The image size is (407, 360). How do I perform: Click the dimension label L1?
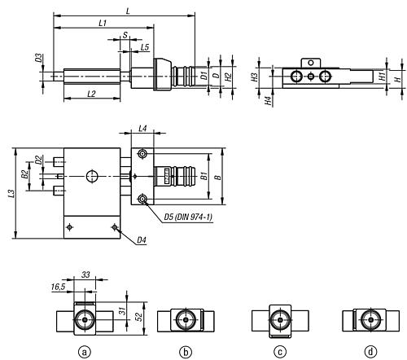pos(103,23)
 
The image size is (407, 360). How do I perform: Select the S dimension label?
pos(125,35)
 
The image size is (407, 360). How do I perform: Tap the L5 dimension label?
pos(145,47)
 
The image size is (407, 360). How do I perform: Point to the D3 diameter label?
pos(39,58)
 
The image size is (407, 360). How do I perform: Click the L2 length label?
pos(91,94)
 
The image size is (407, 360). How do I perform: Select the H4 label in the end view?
pos(269,101)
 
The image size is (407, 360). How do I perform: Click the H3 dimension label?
pos(254,77)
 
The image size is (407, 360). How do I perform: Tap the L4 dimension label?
pos(142,128)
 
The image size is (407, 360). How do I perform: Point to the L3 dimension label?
pos(11,194)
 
